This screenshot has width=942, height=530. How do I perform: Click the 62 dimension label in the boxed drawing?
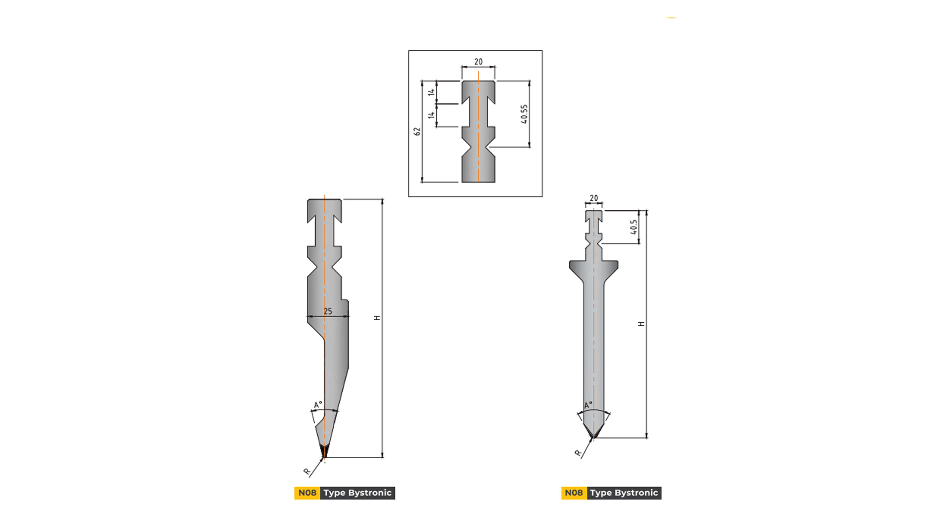tap(417, 131)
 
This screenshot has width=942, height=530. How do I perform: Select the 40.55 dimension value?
tap(524, 114)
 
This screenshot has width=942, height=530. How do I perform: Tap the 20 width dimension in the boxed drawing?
tap(478, 62)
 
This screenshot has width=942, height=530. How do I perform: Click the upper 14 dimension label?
tap(432, 92)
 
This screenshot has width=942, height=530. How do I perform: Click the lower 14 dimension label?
tap(432, 115)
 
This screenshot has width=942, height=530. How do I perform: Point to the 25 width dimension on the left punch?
tap(328, 311)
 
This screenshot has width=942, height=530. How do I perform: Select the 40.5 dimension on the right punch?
tap(634, 227)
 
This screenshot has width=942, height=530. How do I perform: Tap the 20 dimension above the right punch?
tap(594, 198)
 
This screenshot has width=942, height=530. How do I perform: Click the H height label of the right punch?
tap(641, 324)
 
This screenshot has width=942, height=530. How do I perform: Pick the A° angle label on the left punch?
tap(318, 405)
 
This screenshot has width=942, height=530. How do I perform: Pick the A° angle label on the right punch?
tap(588, 405)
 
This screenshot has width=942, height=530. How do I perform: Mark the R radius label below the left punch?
tap(307, 471)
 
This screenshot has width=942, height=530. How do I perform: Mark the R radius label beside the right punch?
tap(578, 453)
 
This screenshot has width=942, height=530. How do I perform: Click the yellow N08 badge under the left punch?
tap(307, 493)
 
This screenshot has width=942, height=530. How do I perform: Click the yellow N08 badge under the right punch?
tap(574, 493)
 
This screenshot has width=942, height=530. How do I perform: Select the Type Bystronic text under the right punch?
tap(624, 493)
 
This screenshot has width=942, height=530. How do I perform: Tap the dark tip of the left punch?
tap(324, 451)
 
